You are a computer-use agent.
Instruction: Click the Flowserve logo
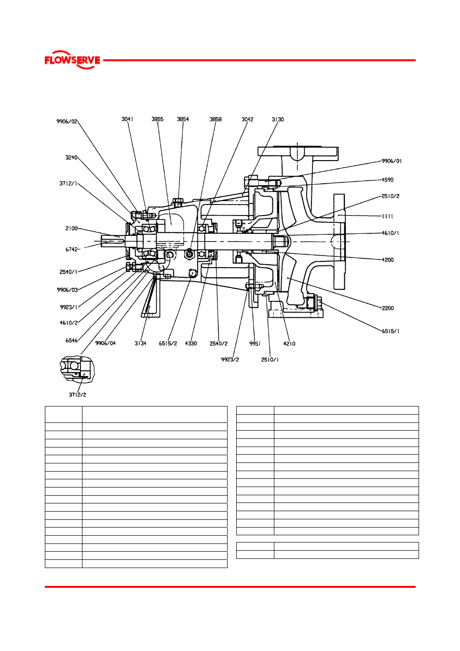pyautogui.click(x=72, y=60)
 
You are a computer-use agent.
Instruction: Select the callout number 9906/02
pyautogui.click(x=67, y=122)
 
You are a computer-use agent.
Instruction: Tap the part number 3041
pyautogui.click(x=127, y=119)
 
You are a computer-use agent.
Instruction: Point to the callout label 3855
pyautogui.click(x=158, y=119)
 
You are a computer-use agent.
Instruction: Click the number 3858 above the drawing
pyautogui.click(x=216, y=120)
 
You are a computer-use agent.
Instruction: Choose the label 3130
pyautogui.click(x=278, y=120)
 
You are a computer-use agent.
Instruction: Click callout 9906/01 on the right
pyautogui.click(x=392, y=161)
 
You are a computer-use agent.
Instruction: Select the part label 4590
pyautogui.click(x=388, y=180)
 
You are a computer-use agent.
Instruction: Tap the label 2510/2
pyautogui.click(x=391, y=196)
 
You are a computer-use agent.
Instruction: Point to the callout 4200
pyautogui.click(x=388, y=260)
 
